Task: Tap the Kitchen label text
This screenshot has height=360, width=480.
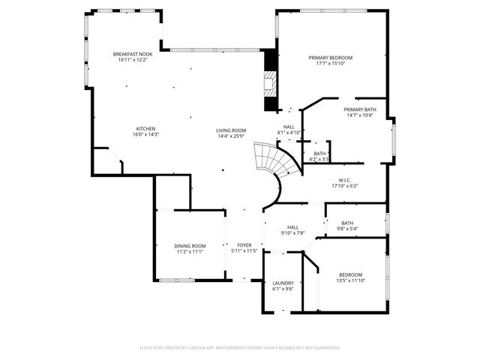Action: (x=145, y=128)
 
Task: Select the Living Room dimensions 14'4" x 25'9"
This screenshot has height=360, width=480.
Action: (x=232, y=135)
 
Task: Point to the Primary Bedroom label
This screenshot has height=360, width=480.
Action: (x=331, y=58)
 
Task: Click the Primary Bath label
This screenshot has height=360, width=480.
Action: (x=361, y=109)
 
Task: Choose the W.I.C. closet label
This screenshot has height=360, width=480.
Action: (x=346, y=180)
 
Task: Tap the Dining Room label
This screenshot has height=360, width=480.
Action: (x=190, y=246)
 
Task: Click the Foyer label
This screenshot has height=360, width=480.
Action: (x=244, y=245)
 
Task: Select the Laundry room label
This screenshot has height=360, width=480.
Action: (x=283, y=283)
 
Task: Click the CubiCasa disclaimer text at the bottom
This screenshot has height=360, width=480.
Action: (x=240, y=348)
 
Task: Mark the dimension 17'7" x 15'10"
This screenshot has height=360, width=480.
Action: (x=331, y=63)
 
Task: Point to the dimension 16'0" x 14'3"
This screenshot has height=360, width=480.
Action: (x=145, y=134)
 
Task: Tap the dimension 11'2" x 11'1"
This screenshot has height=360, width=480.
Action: (x=190, y=251)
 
